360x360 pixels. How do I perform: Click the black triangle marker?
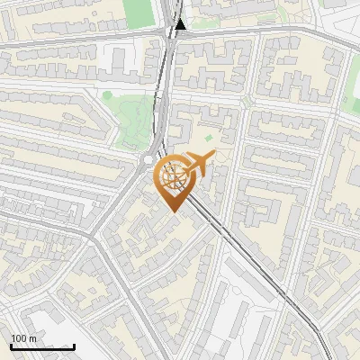pyautogui.click(x=181, y=25)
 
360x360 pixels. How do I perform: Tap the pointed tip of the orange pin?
pyautogui.click(x=173, y=211)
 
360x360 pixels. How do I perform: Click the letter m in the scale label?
pyautogui.click(x=34, y=338)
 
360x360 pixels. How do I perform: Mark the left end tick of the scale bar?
pyautogui.click(x=11, y=346)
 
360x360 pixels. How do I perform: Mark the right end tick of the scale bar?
pyautogui.click(x=74, y=346)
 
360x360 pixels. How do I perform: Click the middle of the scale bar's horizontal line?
pyautogui.click(x=42, y=347)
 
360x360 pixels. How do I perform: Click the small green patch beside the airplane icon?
pyautogui.click(x=209, y=138)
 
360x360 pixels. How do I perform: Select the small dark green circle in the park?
pyautogui.click(x=107, y=94)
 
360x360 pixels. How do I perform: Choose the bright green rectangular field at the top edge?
pyautogui.click(x=137, y=12)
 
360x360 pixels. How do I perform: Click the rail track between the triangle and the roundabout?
pyautogui.click(x=167, y=90)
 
